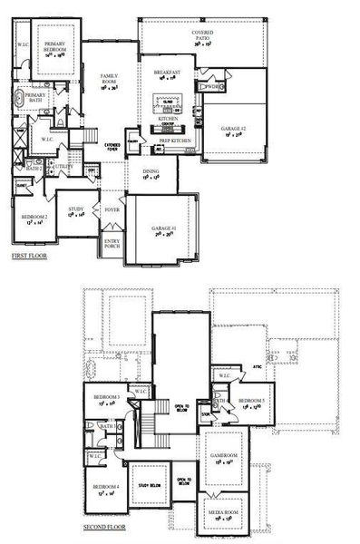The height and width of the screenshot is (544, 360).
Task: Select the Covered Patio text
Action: [201, 34]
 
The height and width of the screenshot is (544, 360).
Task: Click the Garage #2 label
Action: [232, 130]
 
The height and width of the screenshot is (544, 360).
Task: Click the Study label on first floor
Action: [77, 209]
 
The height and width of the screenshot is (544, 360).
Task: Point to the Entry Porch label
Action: [112, 242]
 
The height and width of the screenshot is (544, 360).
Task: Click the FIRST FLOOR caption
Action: [29, 257]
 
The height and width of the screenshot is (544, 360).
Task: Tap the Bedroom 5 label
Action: [251, 401]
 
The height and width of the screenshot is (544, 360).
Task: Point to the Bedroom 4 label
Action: [104, 491]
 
